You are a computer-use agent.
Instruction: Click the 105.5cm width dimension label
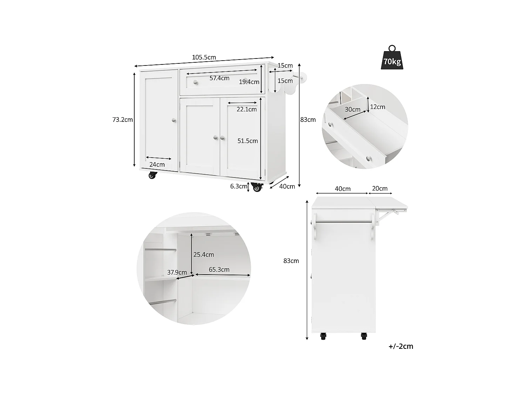click(x=204, y=57)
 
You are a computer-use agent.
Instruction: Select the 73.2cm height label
click(x=122, y=120)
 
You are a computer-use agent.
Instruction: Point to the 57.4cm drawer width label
click(x=220, y=78)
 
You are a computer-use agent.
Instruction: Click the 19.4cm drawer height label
click(x=249, y=82)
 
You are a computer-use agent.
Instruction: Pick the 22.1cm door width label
click(x=247, y=109)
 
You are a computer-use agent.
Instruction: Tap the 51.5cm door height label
click(x=248, y=141)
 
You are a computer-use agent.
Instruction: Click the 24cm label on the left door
click(x=157, y=165)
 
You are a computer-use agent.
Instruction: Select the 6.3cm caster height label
click(x=238, y=186)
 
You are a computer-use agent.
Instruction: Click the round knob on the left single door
click(x=173, y=120)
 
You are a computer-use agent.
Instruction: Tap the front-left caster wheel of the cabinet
click(x=152, y=175)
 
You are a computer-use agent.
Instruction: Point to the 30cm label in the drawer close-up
click(x=352, y=109)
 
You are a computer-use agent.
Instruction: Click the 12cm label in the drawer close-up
click(x=378, y=107)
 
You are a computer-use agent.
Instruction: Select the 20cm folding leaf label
click(x=380, y=188)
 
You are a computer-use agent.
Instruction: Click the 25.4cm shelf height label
click(x=204, y=255)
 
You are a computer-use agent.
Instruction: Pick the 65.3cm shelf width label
click(x=219, y=270)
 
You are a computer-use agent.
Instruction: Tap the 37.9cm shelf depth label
click(x=177, y=272)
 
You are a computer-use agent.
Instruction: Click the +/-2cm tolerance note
click(x=401, y=346)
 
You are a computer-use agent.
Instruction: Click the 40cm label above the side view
click(x=343, y=189)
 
